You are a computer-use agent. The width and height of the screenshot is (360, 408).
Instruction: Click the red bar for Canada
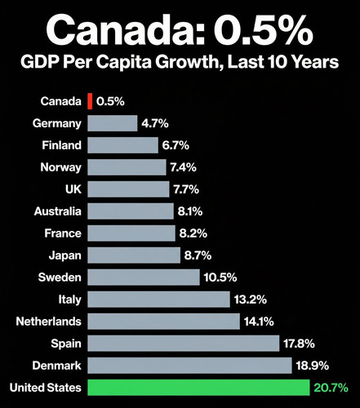click(90, 101)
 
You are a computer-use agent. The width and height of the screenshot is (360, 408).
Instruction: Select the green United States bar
click(198, 387)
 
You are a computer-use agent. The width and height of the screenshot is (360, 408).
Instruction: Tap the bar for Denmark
click(189, 365)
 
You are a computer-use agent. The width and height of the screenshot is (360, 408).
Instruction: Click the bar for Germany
click(113, 123)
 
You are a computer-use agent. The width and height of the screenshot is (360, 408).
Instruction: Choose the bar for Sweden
click(144, 277)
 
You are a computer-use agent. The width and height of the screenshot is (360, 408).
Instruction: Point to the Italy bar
click(158, 299)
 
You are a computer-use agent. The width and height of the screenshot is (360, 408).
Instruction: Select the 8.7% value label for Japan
click(198, 255)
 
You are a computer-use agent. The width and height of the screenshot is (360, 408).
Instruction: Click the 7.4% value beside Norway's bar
click(187, 167)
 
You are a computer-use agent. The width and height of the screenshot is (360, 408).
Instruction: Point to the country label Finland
click(60, 145)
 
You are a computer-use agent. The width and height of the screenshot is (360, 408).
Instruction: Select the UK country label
click(71, 189)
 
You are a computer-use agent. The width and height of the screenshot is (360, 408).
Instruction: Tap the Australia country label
click(57, 211)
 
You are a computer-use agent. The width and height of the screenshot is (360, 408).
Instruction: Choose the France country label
click(63, 233)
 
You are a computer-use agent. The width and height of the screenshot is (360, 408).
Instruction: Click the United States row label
click(45, 387)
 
